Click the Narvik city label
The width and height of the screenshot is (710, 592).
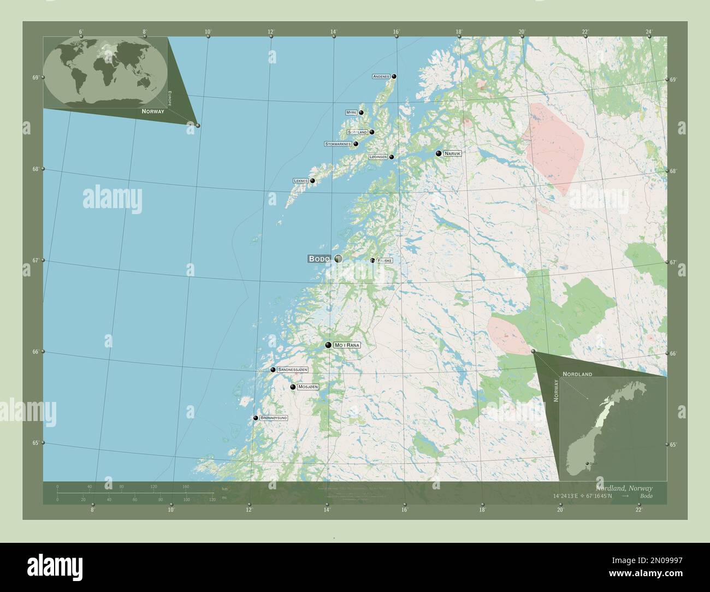[453, 154]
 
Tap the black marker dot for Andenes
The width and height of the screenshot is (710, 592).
[394, 76]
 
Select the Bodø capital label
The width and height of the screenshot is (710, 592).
[319, 259]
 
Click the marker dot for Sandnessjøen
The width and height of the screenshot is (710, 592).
[273, 370]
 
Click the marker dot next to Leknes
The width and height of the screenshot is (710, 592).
[312, 181]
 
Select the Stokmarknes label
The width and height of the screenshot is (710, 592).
[338, 144]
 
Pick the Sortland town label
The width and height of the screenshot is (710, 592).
[357, 132]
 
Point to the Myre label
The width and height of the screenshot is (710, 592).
[351, 113]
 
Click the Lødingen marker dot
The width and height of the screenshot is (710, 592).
[391, 157]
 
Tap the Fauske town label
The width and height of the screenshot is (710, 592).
[384, 261]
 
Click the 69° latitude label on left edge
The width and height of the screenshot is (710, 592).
[35, 78]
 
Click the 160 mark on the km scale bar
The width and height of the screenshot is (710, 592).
[186, 486]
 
